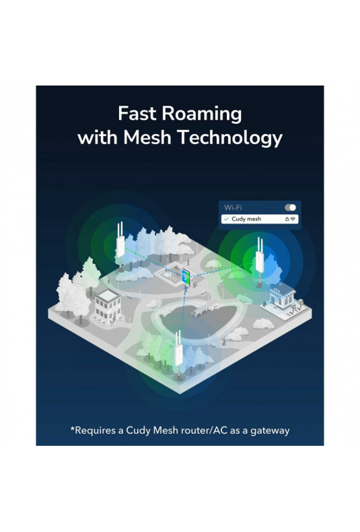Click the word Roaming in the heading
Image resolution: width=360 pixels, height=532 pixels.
(202, 114)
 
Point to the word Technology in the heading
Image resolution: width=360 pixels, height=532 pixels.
(230, 139)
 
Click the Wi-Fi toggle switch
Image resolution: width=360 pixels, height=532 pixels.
(291, 207)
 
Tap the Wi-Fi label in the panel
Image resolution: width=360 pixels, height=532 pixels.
(233, 207)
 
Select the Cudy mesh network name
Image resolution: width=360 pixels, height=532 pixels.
(246, 219)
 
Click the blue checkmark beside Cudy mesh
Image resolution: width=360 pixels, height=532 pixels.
(227, 219)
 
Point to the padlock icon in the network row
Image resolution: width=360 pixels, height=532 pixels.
(287, 219)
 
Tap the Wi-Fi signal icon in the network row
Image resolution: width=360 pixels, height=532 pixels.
(293, 219)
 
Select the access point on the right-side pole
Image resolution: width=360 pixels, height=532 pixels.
(260, 256)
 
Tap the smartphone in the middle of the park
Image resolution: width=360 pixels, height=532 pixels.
(186, 277)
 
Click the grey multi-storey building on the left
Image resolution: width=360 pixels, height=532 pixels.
(108, 305)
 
